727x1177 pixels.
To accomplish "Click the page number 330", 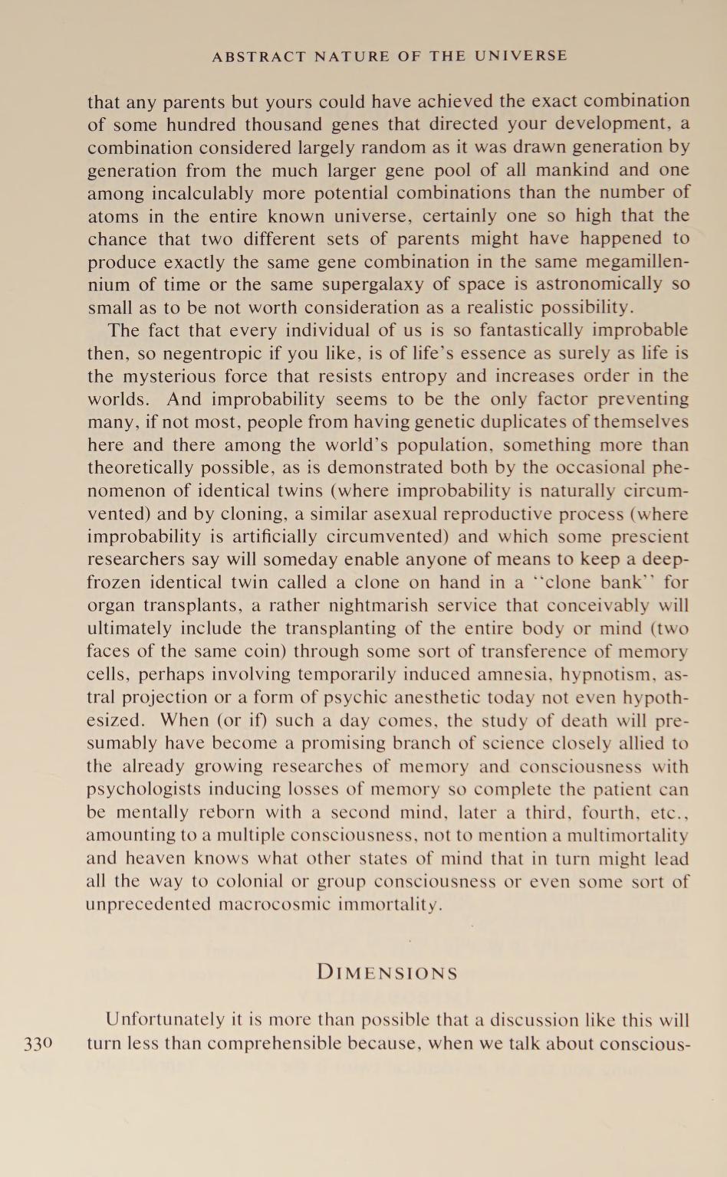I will (37, 1044).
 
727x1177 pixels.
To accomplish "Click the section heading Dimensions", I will (387, 973).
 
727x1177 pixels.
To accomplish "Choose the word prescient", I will (648, 537).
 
